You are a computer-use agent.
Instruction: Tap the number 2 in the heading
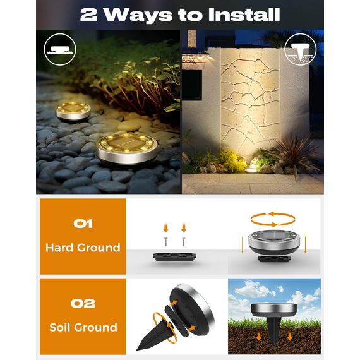coord(88,15)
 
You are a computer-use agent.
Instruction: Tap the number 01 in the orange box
coord(83,224)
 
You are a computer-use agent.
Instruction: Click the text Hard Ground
coord(83,248)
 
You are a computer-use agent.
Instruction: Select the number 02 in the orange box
coord(83,304)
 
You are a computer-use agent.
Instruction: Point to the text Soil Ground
coord(83,327)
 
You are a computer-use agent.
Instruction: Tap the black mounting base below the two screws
coord(174,257)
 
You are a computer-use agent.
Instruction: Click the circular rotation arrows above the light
coord(272,219)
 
